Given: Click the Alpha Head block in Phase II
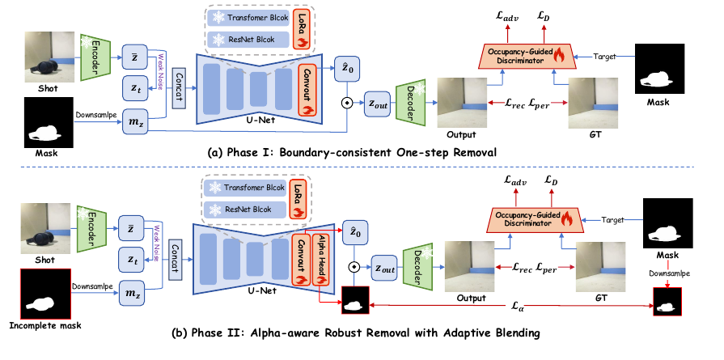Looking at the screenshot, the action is [321, 260].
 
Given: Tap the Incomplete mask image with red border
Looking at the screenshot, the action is [45, 293].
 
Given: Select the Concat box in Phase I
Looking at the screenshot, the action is [178, 88].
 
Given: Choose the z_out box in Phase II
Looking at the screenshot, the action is [383, 268].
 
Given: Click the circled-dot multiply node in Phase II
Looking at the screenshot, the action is [354, 267].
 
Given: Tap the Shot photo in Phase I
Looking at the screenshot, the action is [49, 57].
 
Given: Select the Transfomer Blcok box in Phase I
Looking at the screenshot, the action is [249, 18].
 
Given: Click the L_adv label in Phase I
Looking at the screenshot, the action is [507, 18].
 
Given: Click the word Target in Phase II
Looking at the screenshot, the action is [612, 220].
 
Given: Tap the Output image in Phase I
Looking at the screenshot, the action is [462, 103].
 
